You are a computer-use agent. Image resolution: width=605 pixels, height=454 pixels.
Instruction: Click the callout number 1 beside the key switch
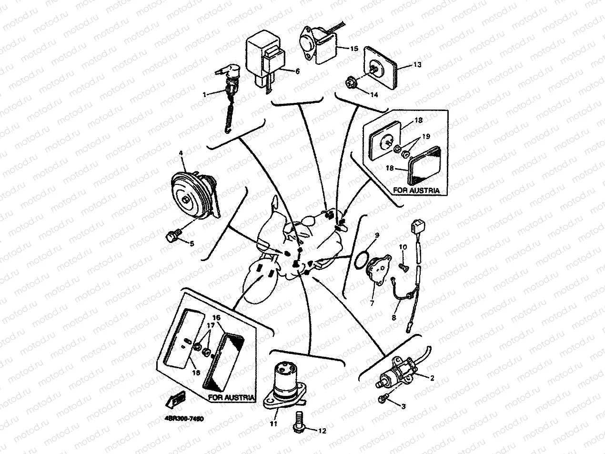click(x=205, y=95)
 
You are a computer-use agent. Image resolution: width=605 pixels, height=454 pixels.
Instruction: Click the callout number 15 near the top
click(x=354, y=49)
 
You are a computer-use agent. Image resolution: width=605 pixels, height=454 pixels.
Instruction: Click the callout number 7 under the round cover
click(x=372, y=302)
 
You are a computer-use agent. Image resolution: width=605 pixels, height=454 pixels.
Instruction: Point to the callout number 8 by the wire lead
click(x=394, y=316)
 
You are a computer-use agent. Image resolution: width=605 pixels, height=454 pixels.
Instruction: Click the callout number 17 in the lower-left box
click(x=208, y=326)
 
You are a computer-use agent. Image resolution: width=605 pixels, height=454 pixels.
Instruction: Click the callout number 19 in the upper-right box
click(x=425, y=136)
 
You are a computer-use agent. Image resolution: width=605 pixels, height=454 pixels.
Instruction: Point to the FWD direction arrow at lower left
click(x=173, y=398)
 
